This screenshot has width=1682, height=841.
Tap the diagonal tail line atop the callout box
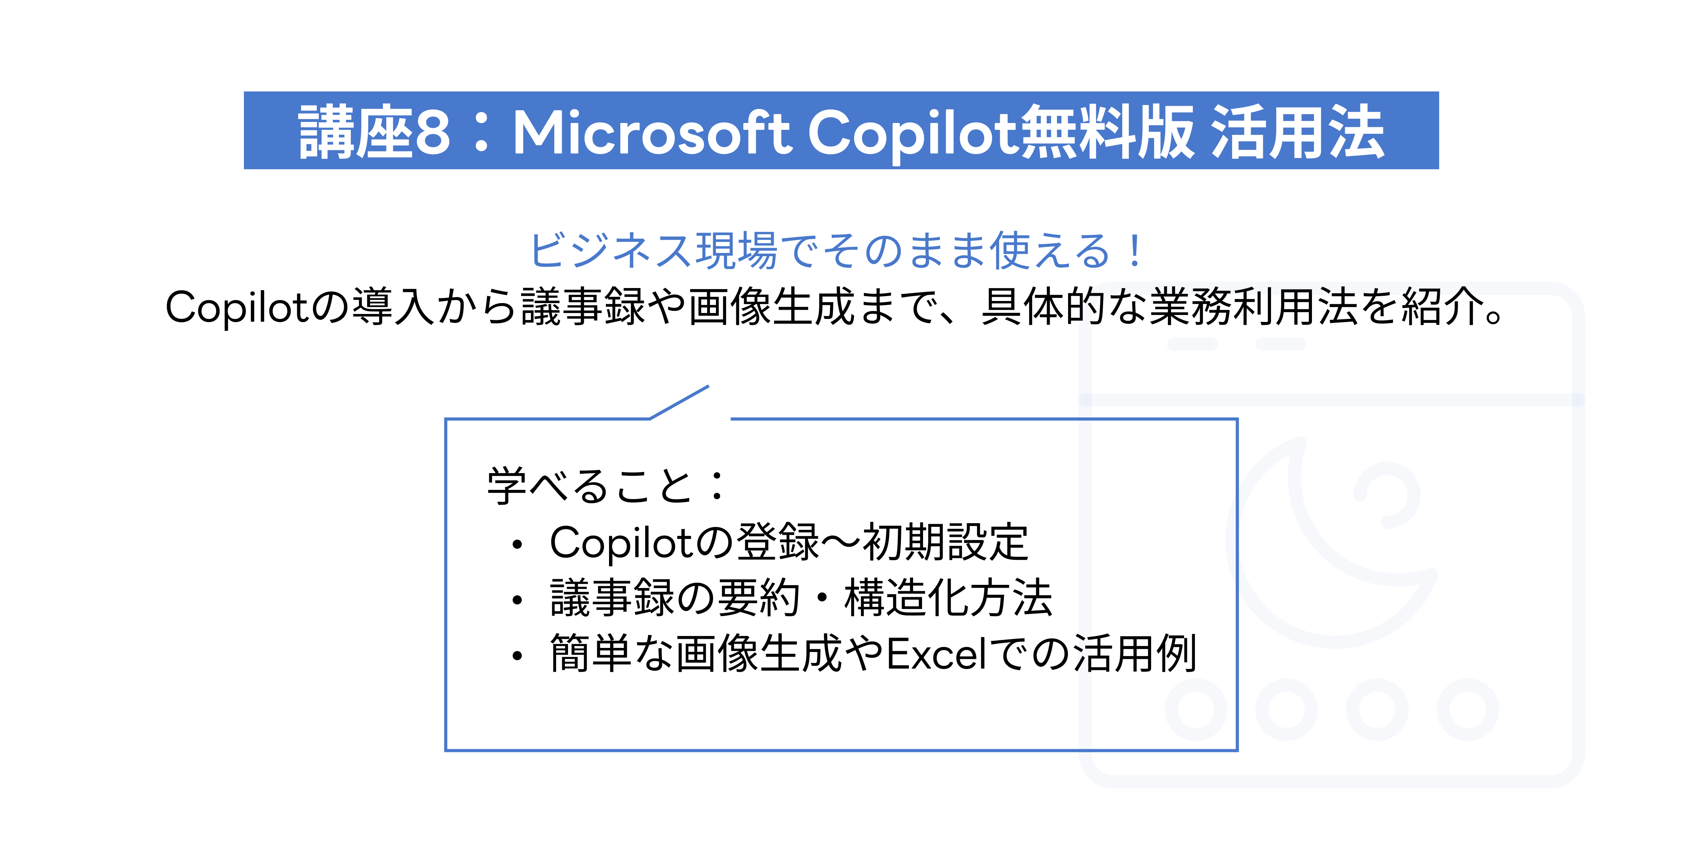(679, 402)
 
